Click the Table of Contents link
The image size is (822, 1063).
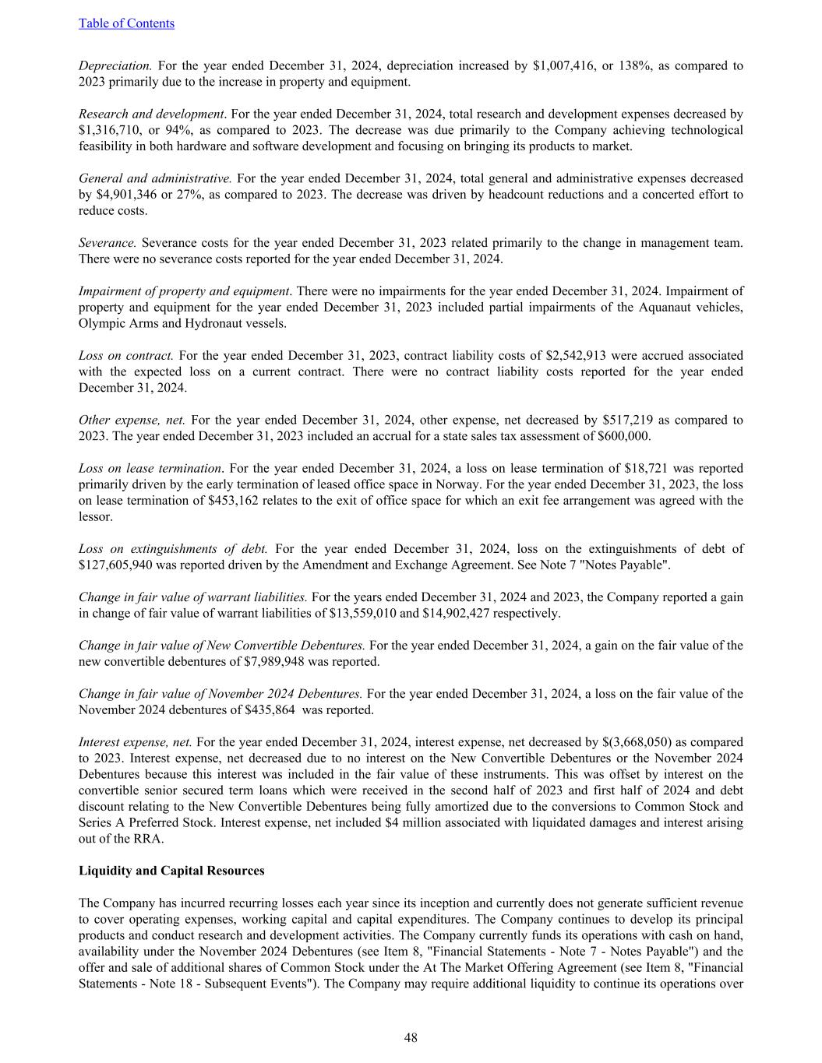tap(126, 23)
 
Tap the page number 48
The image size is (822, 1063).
tap(411, 1037)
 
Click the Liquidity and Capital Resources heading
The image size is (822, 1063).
tap(171, 871)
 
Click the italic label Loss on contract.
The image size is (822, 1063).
tap(125, 356)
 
